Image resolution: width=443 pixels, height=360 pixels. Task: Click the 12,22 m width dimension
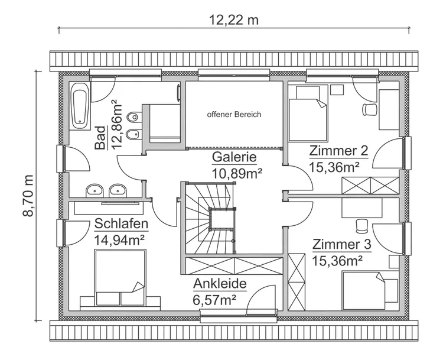[x=234, y=20]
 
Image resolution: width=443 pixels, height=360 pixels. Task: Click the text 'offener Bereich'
[x=234, y=115]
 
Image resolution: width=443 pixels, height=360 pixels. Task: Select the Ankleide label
[x=219, y=283]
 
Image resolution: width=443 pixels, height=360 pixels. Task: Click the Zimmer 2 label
[x=338, y=151]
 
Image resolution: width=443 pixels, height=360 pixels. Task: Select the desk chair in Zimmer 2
[x=369, y=109]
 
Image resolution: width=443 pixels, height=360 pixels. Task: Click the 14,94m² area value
[x=120, y=239]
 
